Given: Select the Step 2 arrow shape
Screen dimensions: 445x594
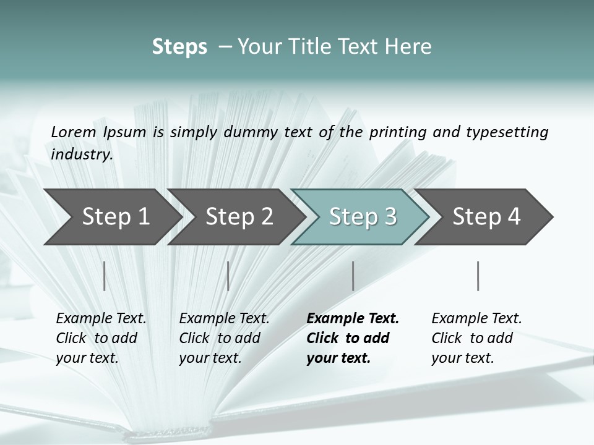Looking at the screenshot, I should [x=238, y=217].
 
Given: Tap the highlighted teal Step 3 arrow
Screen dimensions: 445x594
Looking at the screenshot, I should [x=362, y=217].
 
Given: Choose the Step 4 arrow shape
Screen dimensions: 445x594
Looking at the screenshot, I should [x=486, y=217].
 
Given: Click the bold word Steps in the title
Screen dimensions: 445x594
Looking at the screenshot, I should [x=179, y=47].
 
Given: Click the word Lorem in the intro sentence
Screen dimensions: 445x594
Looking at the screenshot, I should [x=74, y=132].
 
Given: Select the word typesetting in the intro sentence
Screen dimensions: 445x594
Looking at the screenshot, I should [x=507, y=132].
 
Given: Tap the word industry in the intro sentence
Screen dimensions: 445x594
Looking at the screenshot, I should [x=81, y=155].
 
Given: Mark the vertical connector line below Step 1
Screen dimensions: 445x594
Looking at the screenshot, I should [x=105, y=276].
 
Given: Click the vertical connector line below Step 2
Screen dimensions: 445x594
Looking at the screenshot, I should [x=228, y=276].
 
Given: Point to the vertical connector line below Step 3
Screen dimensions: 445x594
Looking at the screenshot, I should [x=353, y=276].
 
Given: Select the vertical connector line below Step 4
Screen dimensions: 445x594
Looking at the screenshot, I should [x=478, y=276].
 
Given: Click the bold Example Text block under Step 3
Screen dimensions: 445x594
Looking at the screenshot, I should [x=351, y=338].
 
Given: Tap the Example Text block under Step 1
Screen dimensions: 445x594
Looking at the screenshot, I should [x=100, y=338].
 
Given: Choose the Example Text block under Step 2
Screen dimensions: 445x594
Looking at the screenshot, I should [x=223, y=338].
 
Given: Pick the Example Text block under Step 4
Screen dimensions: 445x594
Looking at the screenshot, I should [x=476, y=338].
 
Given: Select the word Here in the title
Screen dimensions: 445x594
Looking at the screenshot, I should [x=411, y=47].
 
